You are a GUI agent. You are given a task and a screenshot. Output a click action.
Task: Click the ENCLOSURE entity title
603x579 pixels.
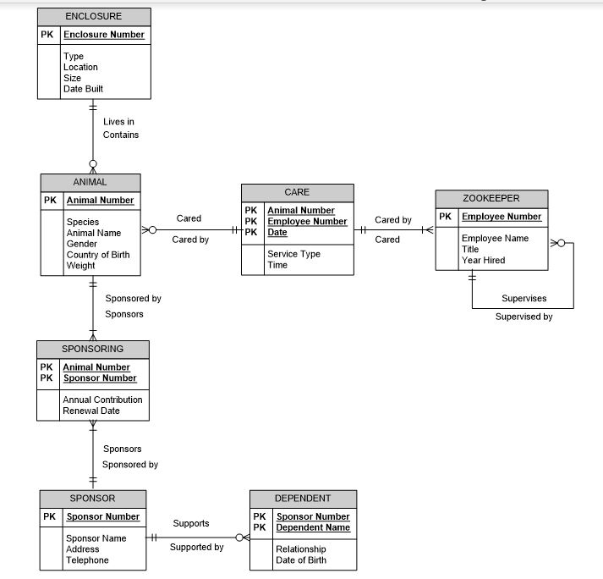pos(94,16)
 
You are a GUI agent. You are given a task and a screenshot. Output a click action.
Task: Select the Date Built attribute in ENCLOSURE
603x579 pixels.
pos(83,89)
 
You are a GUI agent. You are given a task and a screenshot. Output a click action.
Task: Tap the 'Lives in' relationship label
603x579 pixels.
pos(118,122)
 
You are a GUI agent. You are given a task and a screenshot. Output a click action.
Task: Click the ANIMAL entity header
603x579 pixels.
pos(90,182)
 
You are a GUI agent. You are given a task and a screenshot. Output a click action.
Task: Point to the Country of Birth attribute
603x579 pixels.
pos(98,255)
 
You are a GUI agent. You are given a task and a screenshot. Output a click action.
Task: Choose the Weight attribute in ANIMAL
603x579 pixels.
pos(81,266)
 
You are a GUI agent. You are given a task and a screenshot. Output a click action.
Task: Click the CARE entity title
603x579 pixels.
pos(297,193)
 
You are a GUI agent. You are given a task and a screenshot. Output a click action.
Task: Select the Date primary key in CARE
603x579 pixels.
pos(277,232)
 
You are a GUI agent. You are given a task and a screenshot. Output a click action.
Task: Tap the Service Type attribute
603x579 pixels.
pos(293,254)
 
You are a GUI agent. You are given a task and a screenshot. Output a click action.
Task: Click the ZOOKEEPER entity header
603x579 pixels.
pos(491,198)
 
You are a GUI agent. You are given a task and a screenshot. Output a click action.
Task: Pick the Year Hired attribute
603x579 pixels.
pos(483,260)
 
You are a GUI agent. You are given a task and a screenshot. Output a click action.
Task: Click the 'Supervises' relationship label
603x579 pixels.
pos(524,298)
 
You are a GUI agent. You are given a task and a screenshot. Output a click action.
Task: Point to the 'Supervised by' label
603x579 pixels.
pos(524,317)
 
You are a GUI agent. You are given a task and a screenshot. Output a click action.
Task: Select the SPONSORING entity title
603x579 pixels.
pos(92,349)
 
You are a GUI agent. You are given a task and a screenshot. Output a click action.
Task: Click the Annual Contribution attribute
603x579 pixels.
pos(102,400)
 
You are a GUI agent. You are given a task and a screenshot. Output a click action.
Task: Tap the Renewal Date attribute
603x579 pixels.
pos(91,411)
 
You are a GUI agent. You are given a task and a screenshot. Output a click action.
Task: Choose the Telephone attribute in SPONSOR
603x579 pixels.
pos(87,560)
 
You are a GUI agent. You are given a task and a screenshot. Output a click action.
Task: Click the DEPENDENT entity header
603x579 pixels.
pos(303,499)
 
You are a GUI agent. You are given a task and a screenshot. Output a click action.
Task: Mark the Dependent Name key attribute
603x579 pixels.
pos(313,527)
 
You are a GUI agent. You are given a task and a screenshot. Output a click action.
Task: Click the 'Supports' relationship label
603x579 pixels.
pos(191,523)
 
